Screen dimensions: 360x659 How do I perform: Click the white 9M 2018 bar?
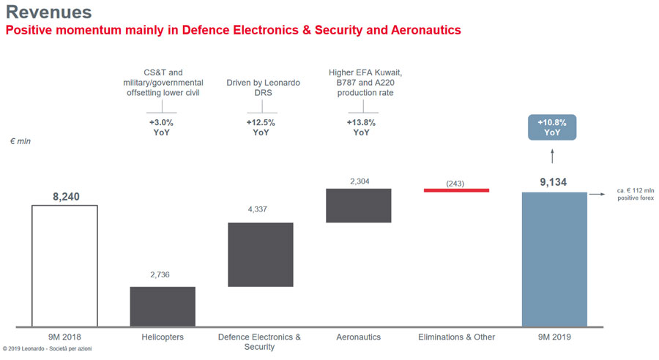(64, 266)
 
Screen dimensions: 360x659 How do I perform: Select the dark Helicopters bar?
(163, 306)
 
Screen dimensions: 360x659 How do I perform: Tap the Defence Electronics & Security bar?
(261, 254)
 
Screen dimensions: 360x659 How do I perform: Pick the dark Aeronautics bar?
(358, 205)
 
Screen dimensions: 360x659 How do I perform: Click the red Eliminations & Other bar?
(456, 190)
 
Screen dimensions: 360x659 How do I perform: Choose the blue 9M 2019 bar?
(554, 259)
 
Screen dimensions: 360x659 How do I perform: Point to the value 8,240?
(64, 196)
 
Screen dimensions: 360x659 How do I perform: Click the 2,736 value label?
(163, 275)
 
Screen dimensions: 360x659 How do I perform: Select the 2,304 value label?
(358, 177)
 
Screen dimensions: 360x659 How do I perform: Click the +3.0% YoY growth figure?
(163, 127)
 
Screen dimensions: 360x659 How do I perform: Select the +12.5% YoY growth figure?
(261, 127)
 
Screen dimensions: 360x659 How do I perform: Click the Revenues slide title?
(48, 12)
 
